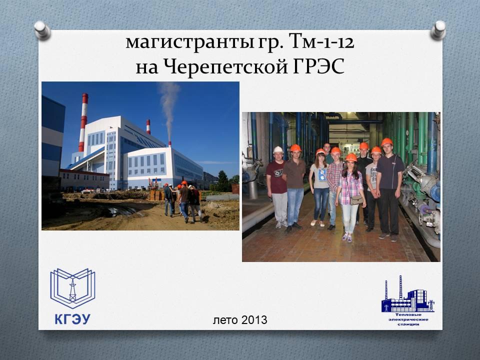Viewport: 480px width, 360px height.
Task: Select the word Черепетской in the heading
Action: tap(224, 67)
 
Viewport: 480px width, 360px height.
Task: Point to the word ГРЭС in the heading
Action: tap(318, 66)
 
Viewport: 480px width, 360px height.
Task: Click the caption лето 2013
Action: tap(240, 320)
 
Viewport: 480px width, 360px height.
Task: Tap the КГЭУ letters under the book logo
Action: tap(72, 319)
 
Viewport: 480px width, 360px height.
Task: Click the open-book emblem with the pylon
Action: tap(73, 288)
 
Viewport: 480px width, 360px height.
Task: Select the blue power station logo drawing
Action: tap(408, 294)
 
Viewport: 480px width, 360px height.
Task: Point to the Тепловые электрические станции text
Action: tap(408, 319)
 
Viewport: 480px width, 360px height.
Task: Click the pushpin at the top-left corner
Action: tap(42, 30)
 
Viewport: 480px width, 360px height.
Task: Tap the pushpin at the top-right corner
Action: tap(438, 30)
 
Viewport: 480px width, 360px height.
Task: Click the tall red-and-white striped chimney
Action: tap(83, 122)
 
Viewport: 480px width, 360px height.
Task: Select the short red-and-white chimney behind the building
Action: tap(148, 126)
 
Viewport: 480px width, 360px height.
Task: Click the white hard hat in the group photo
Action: tap(278, 149)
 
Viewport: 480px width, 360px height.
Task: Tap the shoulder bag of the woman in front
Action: tap(356, 200)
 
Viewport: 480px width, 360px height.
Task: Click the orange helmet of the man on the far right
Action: tap(386, 141)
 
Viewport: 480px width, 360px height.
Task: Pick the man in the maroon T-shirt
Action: tap(277, 186)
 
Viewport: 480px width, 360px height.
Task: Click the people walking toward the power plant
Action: tap(183, 201)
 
